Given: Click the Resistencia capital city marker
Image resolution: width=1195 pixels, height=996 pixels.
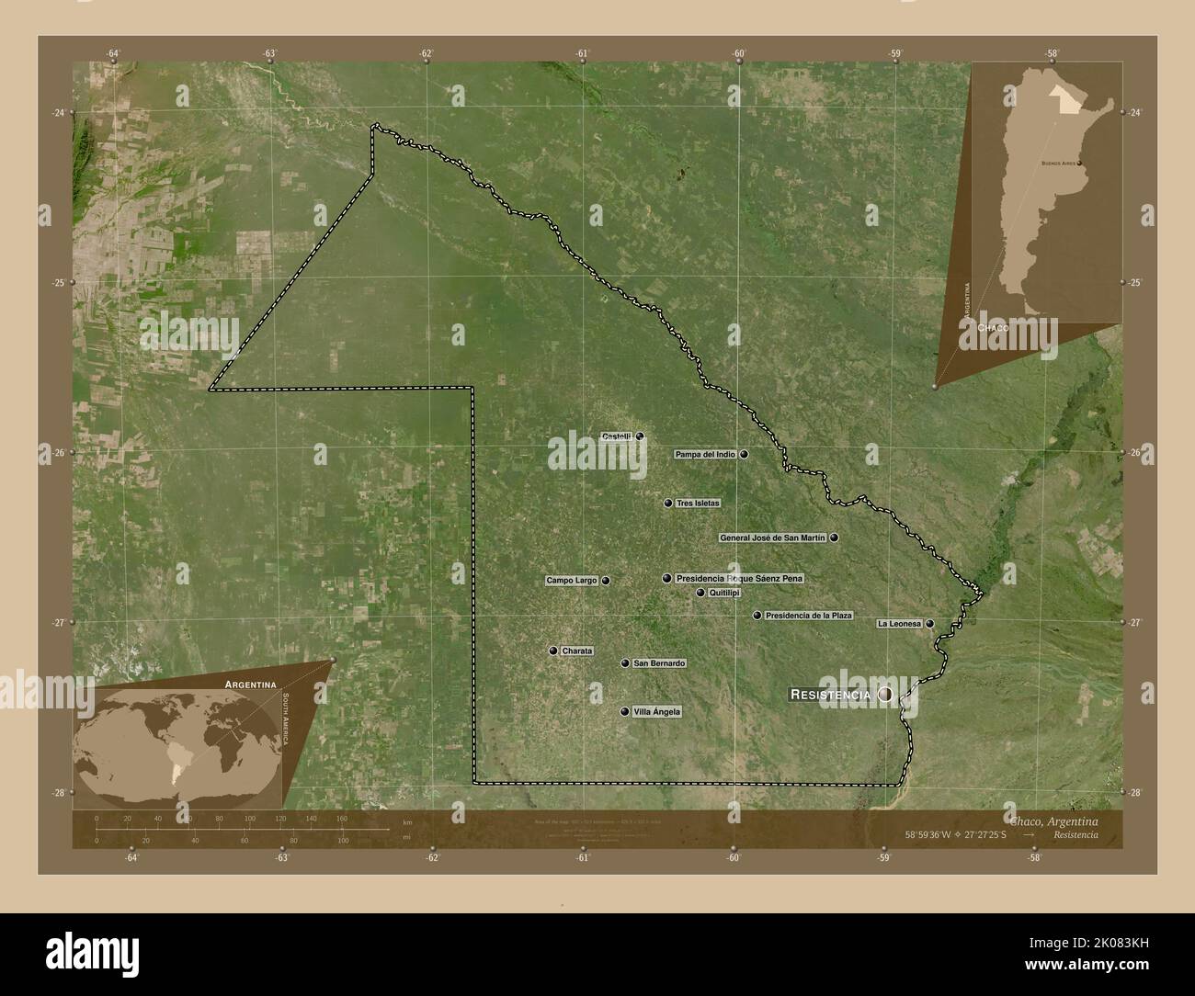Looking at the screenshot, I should (885, 695).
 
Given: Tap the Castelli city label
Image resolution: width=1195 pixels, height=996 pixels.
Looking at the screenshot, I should (616, 436).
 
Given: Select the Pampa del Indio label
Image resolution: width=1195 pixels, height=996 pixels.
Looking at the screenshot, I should (705, 454).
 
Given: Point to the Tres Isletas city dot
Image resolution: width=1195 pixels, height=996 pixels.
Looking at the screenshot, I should (668, 504).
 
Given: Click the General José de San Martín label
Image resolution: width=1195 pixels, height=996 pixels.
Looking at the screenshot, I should (773, 538).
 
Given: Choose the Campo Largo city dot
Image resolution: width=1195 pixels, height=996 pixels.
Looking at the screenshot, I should (606, 581).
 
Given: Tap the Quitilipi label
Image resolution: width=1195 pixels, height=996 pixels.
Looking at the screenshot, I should (724, 593).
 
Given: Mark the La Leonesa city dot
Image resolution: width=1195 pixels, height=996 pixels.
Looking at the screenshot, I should (930, 624).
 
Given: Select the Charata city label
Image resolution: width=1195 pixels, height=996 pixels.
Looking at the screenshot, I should (577, 651).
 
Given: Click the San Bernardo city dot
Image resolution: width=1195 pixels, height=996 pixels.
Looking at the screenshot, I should (625, 663).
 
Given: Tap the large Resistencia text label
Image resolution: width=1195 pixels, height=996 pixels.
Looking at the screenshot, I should (830, 695).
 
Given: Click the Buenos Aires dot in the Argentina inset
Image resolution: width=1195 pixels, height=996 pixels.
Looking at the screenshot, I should (1079, 164).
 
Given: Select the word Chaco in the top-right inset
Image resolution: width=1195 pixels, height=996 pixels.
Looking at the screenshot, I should (993, 327).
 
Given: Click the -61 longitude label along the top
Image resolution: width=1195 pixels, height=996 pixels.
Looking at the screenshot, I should (582, 53).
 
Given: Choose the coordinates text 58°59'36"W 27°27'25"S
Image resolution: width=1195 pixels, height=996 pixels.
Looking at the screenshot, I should (957, 834).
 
